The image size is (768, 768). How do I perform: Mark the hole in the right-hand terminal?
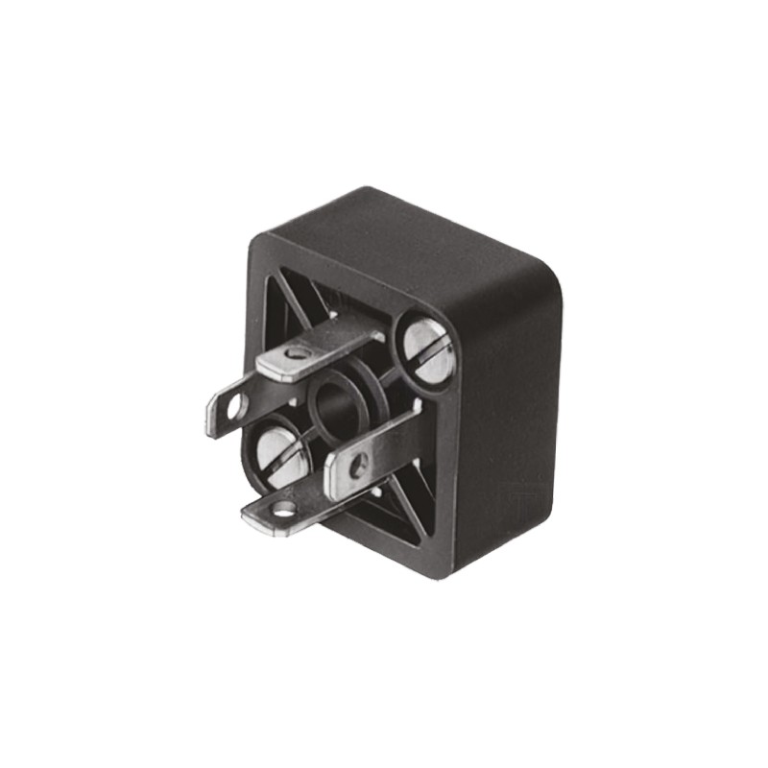pos(357,468)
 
